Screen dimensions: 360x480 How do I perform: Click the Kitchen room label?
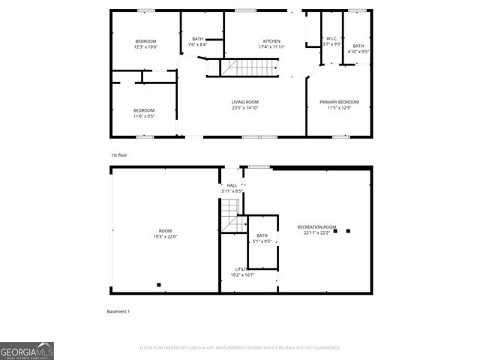271,40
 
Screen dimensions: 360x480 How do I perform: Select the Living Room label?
244,102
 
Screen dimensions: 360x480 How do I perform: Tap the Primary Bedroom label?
339,102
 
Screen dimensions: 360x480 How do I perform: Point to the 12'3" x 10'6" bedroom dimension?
145,46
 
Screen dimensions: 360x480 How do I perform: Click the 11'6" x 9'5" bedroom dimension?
144,116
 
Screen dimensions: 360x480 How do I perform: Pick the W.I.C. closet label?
331,39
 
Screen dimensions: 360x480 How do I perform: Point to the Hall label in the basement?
232,185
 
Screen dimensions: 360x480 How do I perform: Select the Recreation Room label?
316,226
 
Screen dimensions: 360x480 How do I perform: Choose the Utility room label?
242,268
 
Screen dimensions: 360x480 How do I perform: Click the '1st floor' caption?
119,154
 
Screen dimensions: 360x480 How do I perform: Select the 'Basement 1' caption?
119,311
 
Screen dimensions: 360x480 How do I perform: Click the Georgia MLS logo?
27,351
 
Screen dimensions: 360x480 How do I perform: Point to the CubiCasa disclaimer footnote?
240,348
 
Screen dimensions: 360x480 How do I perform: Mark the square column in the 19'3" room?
159,284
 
